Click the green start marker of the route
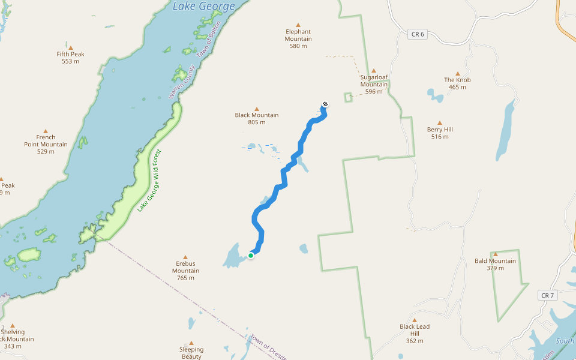point(251,256)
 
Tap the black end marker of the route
point(325,104)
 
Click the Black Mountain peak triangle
point(257,109)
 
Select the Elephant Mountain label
point(298,35)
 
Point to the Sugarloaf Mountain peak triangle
point(373,70)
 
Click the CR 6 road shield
point(418,34)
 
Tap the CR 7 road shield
point(547,295)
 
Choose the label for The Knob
point(457,80)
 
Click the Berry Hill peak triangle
point(440,122)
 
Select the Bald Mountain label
point(495,261)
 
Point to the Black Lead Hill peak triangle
point(415,320)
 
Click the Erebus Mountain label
point(185,267)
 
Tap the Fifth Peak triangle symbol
point(70,47)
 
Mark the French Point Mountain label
point(46,140)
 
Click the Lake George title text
point(204,7)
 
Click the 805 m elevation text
point(256,122)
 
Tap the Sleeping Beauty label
point(191,353)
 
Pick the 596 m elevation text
point(373,92)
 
